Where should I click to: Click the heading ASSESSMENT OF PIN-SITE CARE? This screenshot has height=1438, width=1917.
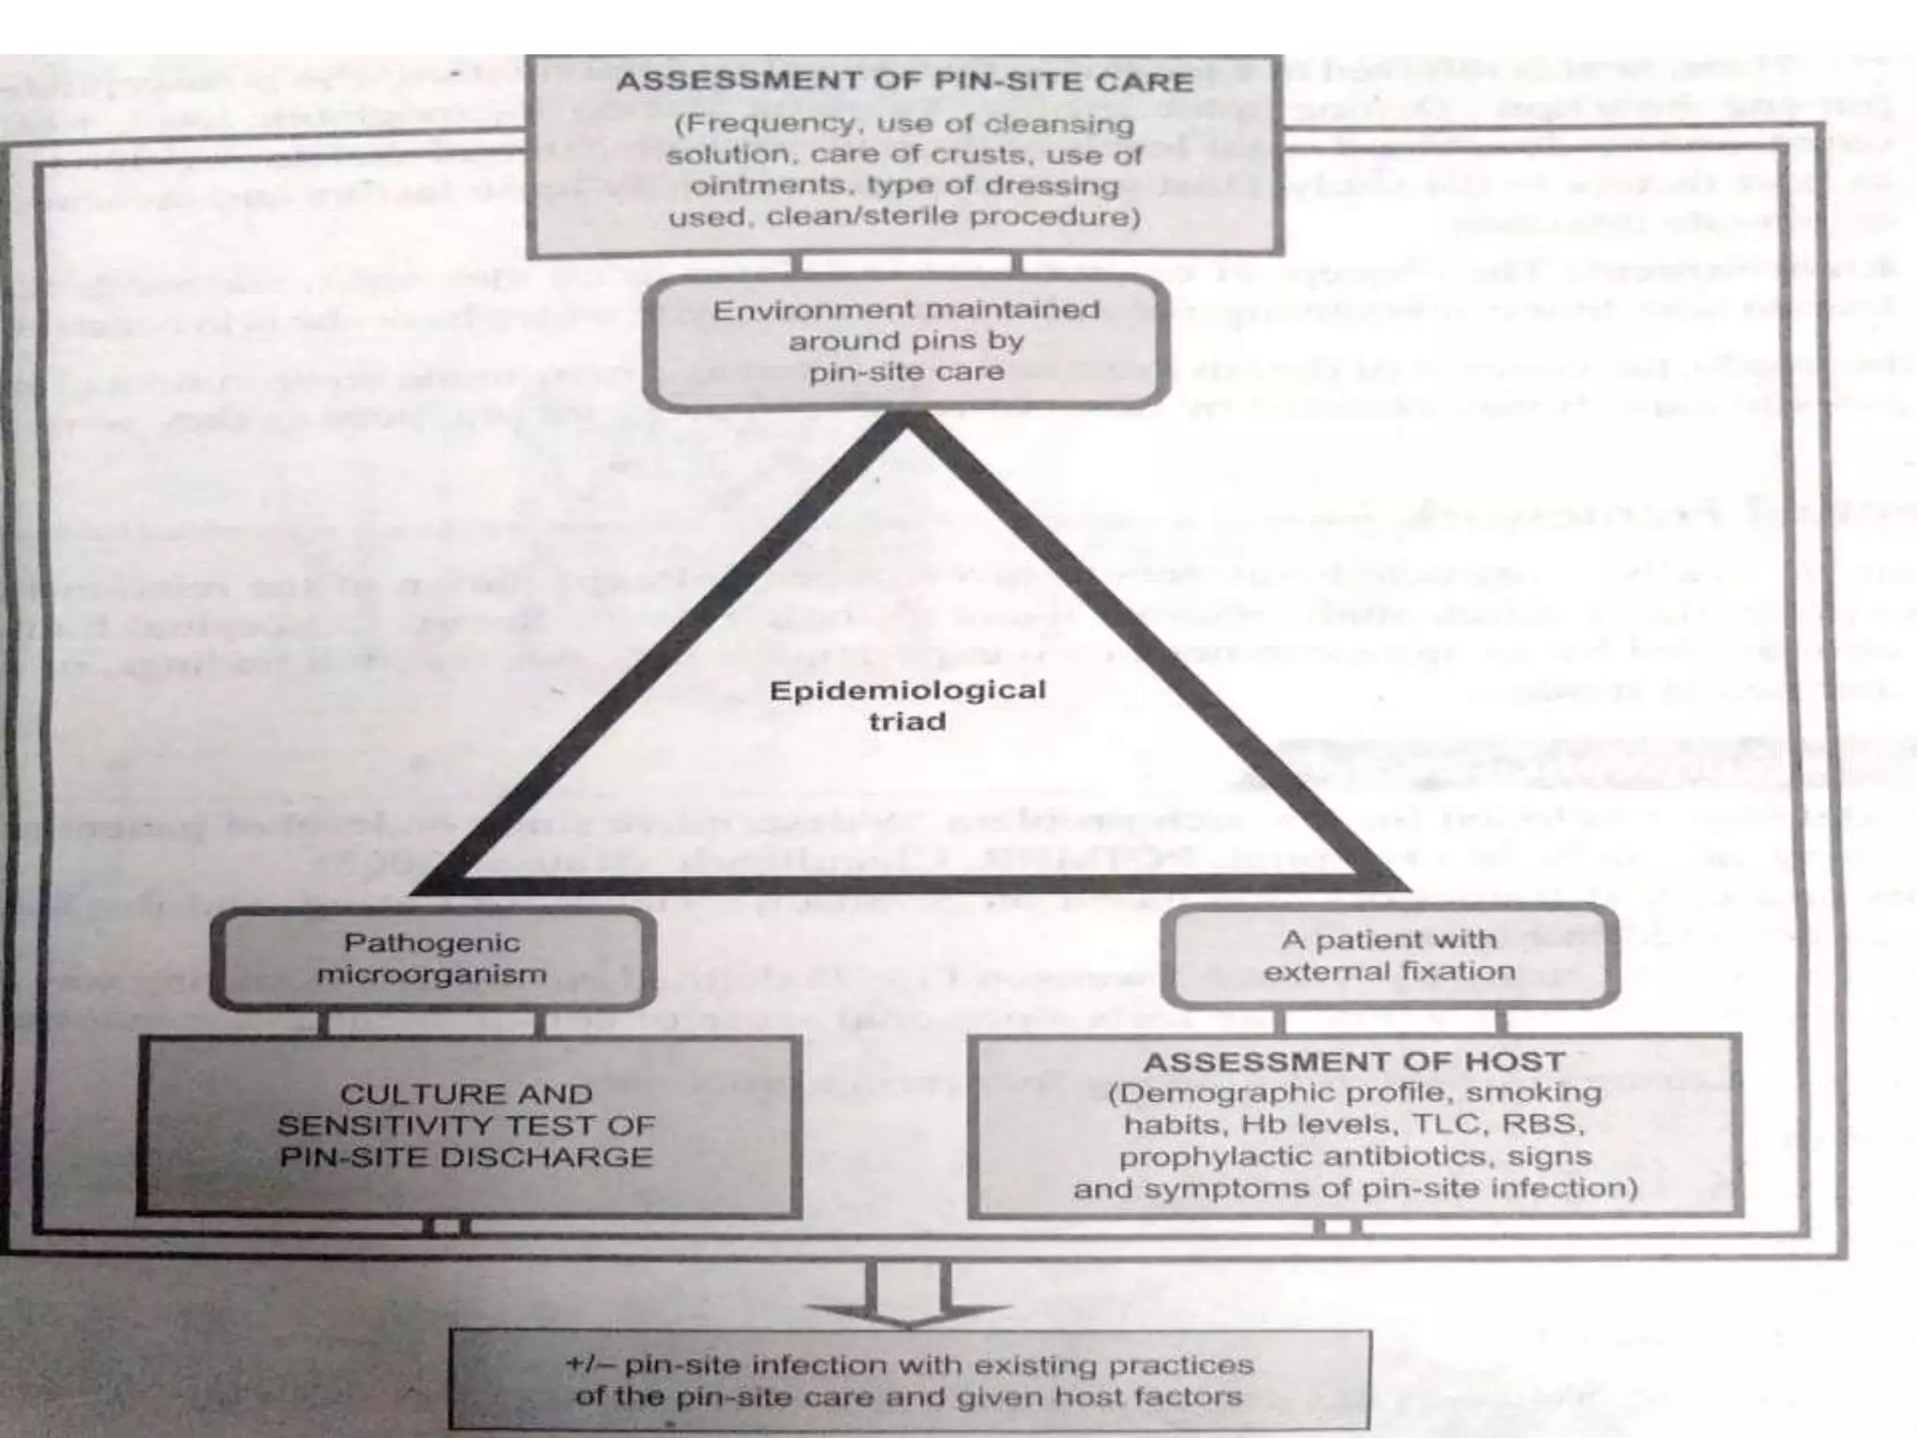click(x=904, y=82)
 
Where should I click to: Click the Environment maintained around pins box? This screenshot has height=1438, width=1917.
click(x=906, y=340)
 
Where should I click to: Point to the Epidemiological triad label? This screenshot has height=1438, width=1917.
click(x=906, y=705)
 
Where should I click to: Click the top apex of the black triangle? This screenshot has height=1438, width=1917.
click(x=906, y=426)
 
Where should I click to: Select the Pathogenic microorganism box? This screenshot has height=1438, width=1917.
click(x=432, y=958)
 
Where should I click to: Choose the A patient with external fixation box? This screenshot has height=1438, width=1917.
click(x=1389, y=955)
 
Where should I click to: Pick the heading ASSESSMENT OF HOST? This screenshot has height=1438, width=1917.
click(x=1354, y=1062)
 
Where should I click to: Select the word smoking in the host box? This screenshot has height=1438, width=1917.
click(x=1533, y=1093)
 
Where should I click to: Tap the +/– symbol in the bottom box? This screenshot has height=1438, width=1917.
click(x=589, y=1365)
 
